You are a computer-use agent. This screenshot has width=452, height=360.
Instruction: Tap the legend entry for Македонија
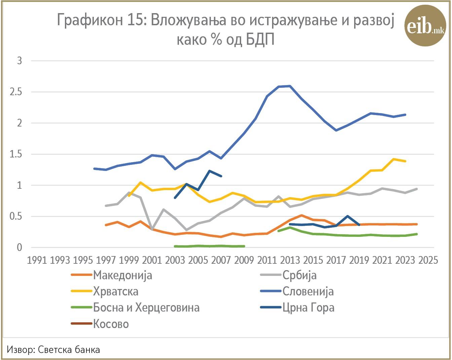point(112,275)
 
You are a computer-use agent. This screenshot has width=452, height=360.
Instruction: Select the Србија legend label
point(288,275)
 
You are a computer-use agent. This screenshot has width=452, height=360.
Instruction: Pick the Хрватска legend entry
point(105,291)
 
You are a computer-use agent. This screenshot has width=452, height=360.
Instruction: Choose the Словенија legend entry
point(297,291)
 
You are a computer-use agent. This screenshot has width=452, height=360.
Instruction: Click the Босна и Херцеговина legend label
point(135,308)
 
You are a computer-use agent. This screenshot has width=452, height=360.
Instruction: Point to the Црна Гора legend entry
point(297,308)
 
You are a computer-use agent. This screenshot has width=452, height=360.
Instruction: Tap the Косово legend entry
point(100,324)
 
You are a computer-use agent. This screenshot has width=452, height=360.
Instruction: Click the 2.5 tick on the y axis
point(16,92)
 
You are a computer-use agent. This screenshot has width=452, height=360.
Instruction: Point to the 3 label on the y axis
point(20,61)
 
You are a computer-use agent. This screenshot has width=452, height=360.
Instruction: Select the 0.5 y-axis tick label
point(16,216)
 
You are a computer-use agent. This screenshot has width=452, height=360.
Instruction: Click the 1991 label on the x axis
point(37,260)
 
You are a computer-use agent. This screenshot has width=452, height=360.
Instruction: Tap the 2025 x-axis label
point(428,260)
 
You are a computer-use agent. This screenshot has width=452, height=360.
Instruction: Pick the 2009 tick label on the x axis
point(244,260)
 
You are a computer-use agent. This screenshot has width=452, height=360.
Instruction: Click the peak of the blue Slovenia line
point(290,86)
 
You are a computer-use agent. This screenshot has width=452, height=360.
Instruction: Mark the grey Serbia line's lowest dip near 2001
point(152,229)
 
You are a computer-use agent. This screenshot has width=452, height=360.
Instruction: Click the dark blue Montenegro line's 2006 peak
point(210,171)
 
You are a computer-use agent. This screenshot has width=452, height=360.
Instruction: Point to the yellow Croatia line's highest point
point(393,159)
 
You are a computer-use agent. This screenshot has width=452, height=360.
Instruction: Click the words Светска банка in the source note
point(69,350)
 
